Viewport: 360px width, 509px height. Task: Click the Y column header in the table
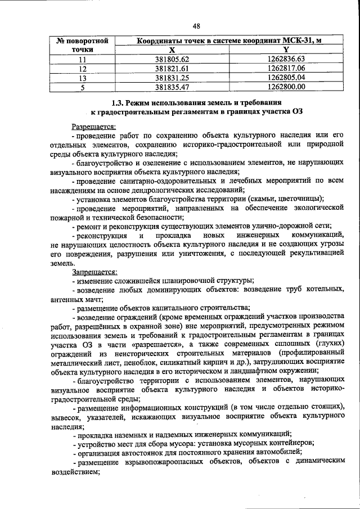(x=286, y=49)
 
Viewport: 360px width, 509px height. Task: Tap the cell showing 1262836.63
(x=286, y=59)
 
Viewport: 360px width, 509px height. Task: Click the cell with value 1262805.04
(x=286, y=78)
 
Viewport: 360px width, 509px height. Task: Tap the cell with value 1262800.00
(x=286, y=87)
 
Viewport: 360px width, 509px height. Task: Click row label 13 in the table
(x=83, y=78)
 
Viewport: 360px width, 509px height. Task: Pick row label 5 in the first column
(x=83, y=87)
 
